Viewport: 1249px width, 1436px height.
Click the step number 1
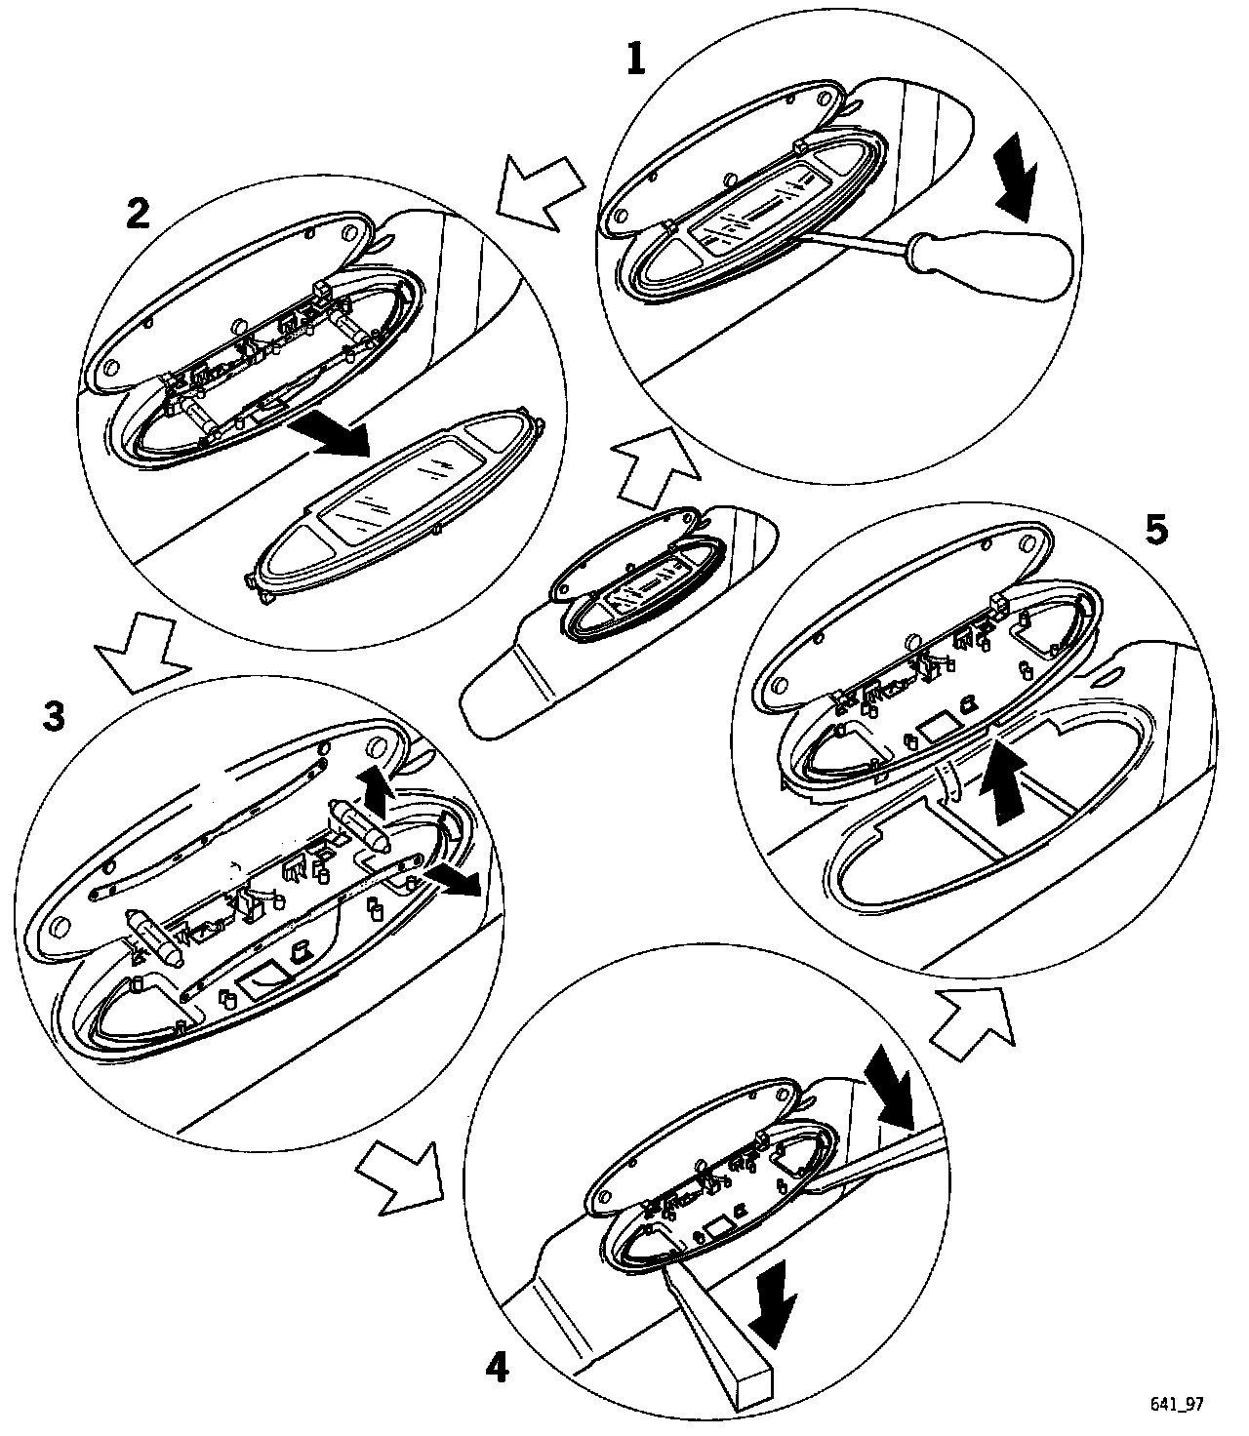pos(635,60)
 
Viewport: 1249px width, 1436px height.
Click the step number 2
pos(139,213)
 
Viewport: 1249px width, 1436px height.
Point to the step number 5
pos(1155,531)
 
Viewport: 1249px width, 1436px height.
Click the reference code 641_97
pos(1177,1403)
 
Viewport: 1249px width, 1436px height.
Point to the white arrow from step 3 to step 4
pos(400,1177)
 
